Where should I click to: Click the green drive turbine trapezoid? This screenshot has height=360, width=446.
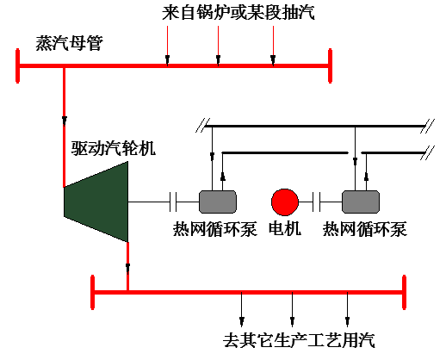point(96,202)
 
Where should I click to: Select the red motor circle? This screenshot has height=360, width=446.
point(285,202)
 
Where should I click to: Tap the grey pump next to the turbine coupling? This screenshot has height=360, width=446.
point(218,202)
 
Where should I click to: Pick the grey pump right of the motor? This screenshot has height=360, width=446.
point(361,202)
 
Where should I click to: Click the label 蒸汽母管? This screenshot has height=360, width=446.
point(69,43)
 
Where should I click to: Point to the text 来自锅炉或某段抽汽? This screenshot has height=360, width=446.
point(238,13)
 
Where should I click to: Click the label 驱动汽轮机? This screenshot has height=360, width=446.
point(114,148)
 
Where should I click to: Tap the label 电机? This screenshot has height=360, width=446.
point(285,229)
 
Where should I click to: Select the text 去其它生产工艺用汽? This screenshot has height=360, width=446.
point(299,340)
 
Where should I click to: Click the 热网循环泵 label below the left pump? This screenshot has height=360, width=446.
point(214,229)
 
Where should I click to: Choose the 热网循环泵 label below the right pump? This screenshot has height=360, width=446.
point(365,229)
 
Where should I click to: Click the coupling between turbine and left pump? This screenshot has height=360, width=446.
point(173,202)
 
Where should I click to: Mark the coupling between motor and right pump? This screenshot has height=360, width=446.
point(317,202)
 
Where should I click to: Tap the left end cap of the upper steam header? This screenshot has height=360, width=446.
point(18,65)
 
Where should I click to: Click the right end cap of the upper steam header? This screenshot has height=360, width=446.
point(330,65)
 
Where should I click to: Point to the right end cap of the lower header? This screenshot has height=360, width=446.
point(404,292)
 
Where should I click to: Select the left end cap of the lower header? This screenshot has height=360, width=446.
point(92,292)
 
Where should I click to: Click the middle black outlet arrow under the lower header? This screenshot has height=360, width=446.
point(292,309)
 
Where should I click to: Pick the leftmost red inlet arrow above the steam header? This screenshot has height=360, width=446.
point(167,46)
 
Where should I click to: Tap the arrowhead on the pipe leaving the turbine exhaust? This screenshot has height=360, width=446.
point(127,268)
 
